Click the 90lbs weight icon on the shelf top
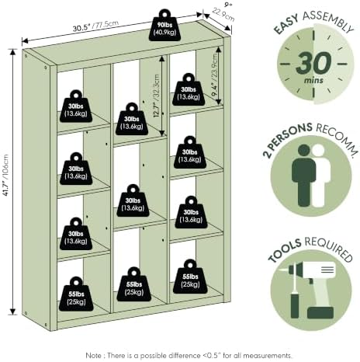point(164,26)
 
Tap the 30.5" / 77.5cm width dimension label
point(95,26)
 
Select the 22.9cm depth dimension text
point(223,15)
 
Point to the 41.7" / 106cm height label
point(5,176)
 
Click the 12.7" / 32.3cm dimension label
point(157,96)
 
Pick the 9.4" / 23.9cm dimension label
point(214,75)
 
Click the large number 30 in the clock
point(313,63)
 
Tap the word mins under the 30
point(313,80)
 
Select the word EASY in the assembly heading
point(286,24)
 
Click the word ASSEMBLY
point(328,20)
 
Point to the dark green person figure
point(303,176)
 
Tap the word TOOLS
point(285,249)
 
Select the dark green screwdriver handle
point(295,305)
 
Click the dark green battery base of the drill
point(320,312)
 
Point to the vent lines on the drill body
point(327,270)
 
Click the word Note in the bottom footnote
point(93,355)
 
